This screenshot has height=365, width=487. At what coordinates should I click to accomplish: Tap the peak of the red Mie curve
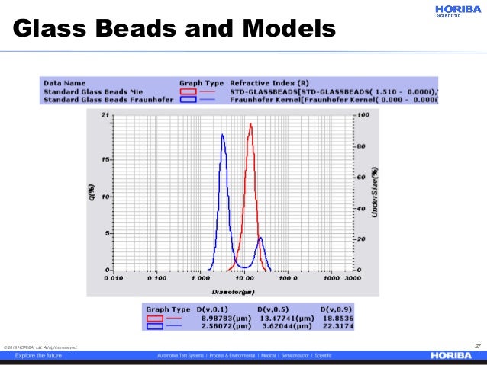click(250, 126)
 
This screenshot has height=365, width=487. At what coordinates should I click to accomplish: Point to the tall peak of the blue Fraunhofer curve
click(222, 136)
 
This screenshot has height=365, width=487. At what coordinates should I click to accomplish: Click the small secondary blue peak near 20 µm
click(260, 239)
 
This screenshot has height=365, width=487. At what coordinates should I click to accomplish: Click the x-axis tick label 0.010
click(114, 279)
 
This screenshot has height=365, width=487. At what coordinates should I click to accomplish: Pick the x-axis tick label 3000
click(352, 279)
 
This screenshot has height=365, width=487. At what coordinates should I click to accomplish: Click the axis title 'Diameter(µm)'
click(234, 291)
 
